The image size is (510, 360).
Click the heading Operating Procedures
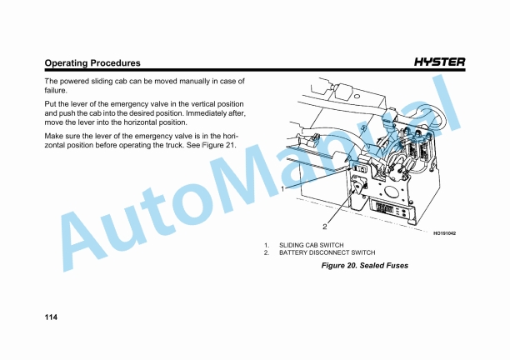pyautogui.click(x=92, y=63)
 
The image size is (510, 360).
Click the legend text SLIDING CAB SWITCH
pyautogui.click(x=311, y=245)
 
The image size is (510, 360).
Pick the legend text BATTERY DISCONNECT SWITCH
pyautogui.click(x=327, y=252)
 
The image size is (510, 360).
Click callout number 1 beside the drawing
pyautogui.click(x=284, y=189)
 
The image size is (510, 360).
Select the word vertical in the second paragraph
pyautogui.click(x=195, y=102)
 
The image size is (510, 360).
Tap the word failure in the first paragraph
pyautogui.click(x=56, y=91)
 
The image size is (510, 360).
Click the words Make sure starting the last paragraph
pyautogui.click(x=62, y=135)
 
